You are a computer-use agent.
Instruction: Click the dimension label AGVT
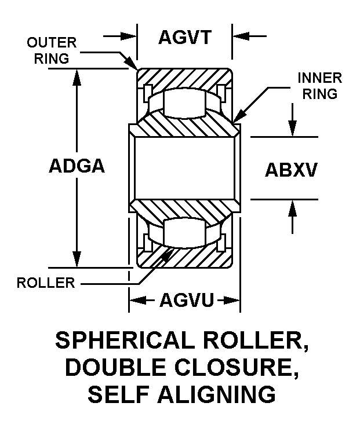[184, 38]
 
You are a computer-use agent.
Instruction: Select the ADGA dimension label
[77, 166]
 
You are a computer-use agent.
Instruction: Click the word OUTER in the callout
[50, 43]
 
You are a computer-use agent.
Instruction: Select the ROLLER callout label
[46, 283]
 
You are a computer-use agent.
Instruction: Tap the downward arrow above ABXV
[293, 129]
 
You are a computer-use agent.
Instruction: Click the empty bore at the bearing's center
[184, 168]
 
